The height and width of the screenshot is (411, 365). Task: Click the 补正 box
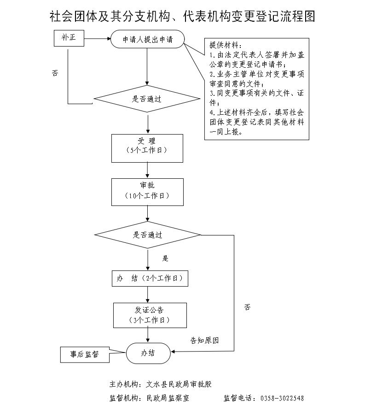click(69, 39)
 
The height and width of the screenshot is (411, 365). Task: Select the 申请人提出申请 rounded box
click(147, 39)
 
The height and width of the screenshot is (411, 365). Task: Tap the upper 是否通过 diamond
click(147, 99)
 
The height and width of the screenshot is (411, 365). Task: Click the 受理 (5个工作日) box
click(147, 148)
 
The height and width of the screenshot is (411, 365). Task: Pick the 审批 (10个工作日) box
click(147, 192)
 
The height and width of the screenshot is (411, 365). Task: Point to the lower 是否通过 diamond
click(147, 235)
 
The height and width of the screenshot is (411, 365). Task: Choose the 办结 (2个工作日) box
click(150, 278)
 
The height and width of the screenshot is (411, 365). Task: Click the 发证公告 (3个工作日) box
click(150, 315)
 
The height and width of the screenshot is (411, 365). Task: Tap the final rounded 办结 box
click(148, 353)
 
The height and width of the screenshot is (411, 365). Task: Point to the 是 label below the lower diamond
click(165, 258)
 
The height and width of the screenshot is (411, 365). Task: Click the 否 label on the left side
click(55, 73)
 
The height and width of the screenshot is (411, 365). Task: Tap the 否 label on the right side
click(248, 307)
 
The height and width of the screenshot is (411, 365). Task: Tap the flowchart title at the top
click(182, 17)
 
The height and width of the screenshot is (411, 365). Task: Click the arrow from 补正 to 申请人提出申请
click(97, 39)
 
